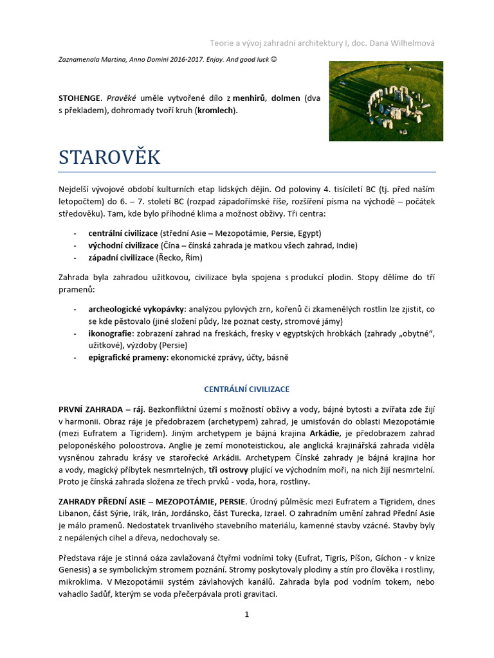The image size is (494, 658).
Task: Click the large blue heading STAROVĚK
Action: click(109, 157)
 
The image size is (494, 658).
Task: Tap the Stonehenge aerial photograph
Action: click(385, 101)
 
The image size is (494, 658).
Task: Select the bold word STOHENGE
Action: click(79, 98)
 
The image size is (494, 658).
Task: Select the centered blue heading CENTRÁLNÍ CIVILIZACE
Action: click(246, 389)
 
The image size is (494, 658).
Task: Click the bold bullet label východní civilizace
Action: click(123, 245)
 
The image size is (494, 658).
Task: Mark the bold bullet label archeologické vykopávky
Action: click(136, 308)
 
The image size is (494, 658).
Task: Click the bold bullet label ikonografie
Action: click(109, 333)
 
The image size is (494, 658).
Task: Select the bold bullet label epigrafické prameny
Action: click(127, 358)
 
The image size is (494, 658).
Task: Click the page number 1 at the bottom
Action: click(246, 614)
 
